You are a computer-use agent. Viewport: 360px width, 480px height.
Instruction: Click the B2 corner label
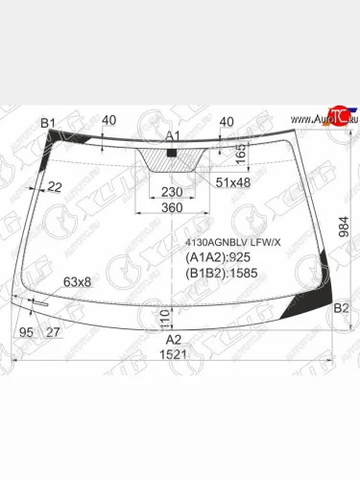[x=340, y=308]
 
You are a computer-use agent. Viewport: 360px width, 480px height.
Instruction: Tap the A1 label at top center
[x=173, y=135]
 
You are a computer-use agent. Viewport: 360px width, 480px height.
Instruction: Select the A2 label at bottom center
[x=173, y=339]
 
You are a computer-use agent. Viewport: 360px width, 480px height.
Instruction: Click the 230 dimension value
[x=173, y=191]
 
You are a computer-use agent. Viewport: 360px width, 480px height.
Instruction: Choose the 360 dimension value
[x=172, y=208]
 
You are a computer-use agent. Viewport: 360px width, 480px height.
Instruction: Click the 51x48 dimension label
[x=232, y=182]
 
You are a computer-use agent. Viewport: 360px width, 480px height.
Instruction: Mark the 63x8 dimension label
[x=77, y=281]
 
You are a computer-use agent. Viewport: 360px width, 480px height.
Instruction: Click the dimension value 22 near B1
[x=55, y=186]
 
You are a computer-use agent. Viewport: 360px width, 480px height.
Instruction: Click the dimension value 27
[x=52, y=332]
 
